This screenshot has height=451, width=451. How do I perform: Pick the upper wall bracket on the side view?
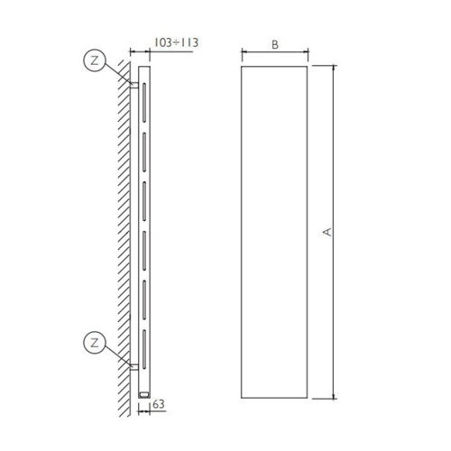134,86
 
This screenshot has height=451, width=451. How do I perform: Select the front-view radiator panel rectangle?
275,232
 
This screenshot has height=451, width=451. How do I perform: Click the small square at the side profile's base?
143,393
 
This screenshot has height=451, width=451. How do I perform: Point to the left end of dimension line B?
242,53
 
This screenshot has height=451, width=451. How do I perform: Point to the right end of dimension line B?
308,53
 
